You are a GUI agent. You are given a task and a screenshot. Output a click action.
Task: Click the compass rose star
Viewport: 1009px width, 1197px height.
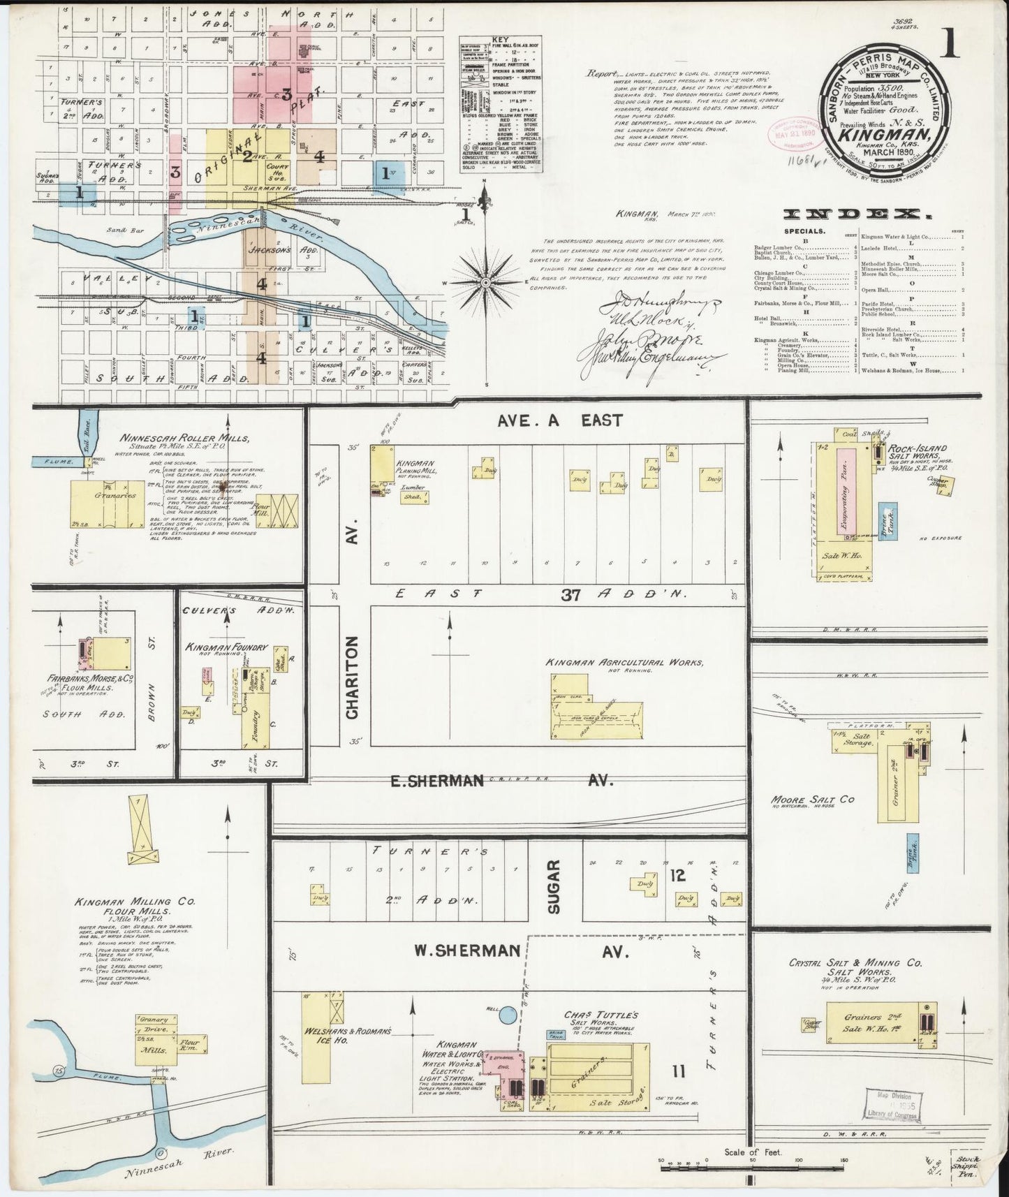pyautogui.click(x=485, y=282)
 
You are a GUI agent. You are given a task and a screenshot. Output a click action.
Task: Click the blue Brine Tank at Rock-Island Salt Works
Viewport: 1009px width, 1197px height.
pyautogui.click(x=887, y=520)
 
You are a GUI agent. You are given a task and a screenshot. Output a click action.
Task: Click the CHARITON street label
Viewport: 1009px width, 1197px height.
pyautogui.click(x=352, y=677)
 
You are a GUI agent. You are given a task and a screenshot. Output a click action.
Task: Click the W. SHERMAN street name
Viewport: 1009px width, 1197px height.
pyautogui.click(x=468, y=950)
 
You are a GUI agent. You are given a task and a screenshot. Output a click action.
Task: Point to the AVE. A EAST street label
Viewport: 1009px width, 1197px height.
pyautogui.click(x=561, y=420)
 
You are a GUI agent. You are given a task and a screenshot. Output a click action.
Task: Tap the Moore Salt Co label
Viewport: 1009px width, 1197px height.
pyautogui.click(x=812, y=800)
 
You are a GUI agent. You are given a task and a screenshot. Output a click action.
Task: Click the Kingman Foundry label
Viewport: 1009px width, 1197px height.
pyautogui.click(x=226, y=647)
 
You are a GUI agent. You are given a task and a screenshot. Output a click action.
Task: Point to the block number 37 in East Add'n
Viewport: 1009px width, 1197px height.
pyautogui.click(x=572, y=595)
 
